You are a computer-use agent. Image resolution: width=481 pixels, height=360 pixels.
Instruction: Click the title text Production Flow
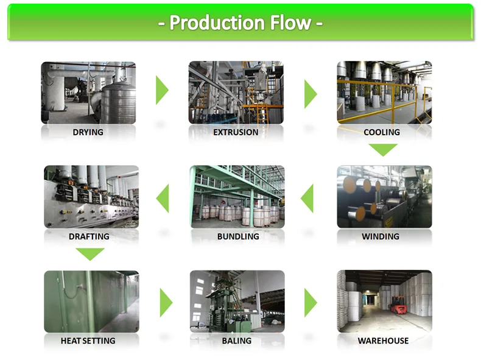coord(240,23)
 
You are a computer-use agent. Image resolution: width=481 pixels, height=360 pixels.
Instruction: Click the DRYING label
coord(88,132)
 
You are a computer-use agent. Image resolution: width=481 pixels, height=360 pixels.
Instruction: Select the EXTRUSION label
coord(236,132)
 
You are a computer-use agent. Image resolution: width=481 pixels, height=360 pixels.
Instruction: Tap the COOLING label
coord(382,132)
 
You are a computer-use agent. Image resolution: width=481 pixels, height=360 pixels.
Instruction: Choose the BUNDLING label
coord(238,236)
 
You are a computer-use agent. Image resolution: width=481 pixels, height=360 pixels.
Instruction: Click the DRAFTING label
coord(90,236)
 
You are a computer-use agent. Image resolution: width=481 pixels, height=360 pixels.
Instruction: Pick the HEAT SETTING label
coord(88,341)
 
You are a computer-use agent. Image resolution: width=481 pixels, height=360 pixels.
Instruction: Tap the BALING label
coord(237,341)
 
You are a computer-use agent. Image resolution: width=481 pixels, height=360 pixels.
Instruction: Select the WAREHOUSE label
coord(383,341)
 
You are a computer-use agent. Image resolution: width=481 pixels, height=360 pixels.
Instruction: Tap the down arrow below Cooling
coord(383,149)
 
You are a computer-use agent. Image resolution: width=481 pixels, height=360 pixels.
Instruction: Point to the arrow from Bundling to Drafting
coord(163,199)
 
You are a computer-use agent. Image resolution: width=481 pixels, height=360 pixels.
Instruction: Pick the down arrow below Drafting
coord(90,253)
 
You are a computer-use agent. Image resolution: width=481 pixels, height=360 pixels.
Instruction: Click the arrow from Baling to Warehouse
coord(311,303)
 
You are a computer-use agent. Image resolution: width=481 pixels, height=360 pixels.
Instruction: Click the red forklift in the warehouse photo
coord(399,307)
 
